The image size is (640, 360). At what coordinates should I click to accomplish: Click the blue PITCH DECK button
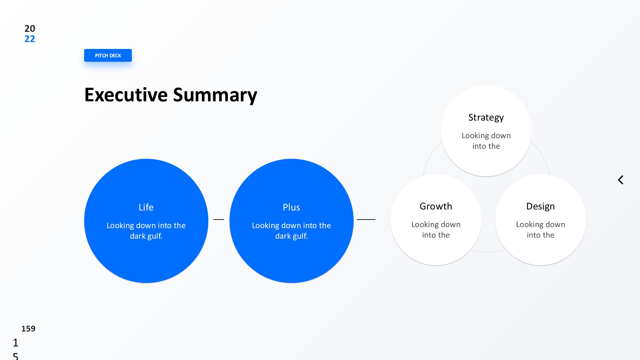click(108, 55)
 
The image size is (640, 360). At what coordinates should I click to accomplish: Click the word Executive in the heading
click(126, 95)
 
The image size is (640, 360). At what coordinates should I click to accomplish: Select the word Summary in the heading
click(215, 95)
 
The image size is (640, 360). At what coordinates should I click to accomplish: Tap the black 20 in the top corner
click(30, 28)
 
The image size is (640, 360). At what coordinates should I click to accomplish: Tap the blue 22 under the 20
click(30, 39)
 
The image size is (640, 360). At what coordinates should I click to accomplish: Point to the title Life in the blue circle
click(146, 207)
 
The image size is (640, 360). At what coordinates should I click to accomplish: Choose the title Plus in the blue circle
click(291, 207)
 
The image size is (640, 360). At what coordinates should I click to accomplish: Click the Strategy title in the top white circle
click(486, 117)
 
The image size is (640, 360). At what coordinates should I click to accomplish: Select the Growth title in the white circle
click(436, 206)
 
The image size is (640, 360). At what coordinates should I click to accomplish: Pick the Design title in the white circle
click(540, 206)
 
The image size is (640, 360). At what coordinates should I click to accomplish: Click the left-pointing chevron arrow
click(620, 180)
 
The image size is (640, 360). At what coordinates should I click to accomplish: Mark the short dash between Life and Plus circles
click(219, 220)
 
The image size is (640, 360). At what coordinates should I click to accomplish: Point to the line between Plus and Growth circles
click(366, 220)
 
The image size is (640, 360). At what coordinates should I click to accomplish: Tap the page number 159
click(28, 329)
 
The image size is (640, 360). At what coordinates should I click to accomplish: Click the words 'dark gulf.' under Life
click(146, 236)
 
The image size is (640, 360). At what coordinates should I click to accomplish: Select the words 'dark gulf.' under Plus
click(291, 236)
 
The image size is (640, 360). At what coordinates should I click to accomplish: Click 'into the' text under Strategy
click(486, 146)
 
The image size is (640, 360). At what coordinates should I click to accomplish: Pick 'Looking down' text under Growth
click(436, 225)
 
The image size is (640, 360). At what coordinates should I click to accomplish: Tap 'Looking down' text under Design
click(540, 225)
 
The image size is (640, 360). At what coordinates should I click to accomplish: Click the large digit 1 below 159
click(15, 343)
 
